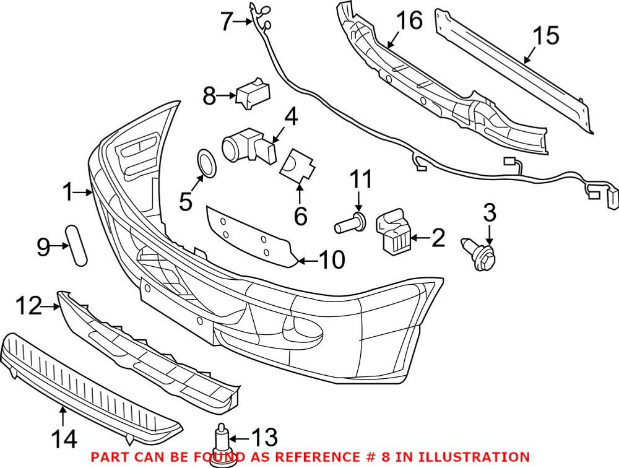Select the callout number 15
545,35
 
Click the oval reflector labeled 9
77,246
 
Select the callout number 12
28,306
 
